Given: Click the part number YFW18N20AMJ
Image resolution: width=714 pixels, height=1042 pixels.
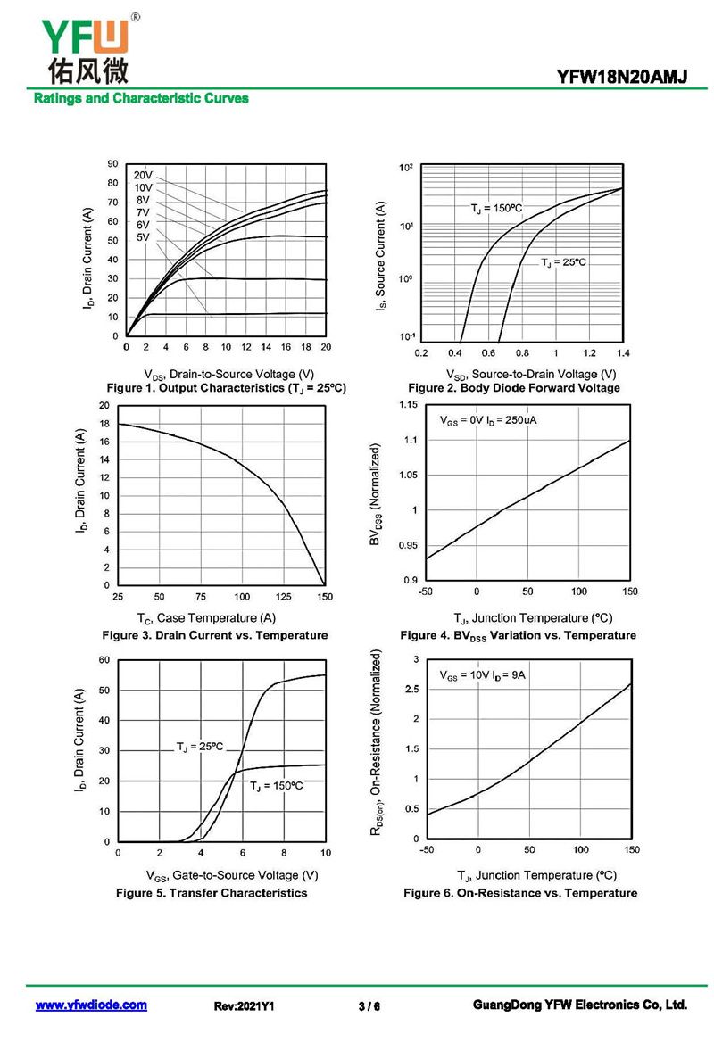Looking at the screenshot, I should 622,78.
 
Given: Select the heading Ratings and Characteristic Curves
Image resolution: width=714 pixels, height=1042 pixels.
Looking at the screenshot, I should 141,98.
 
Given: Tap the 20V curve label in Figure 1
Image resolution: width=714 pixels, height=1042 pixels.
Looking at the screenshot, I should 143,175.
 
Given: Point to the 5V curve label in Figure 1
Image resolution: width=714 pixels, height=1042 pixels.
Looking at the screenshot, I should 143,237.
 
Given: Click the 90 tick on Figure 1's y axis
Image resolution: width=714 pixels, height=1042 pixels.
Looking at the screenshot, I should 112,164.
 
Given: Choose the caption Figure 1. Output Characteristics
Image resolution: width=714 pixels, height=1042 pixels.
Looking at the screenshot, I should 226,388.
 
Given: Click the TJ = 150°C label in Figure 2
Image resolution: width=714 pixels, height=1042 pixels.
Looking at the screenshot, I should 496,208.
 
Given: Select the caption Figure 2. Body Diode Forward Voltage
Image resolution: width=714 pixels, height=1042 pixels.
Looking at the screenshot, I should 513,388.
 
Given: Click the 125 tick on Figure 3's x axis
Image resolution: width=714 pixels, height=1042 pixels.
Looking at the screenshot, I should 284,596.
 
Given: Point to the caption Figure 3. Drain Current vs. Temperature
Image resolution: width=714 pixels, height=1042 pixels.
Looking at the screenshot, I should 214,635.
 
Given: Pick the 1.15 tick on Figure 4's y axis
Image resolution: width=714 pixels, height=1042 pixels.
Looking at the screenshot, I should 407,406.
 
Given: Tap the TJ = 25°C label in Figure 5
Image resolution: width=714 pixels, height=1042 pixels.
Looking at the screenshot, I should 199,746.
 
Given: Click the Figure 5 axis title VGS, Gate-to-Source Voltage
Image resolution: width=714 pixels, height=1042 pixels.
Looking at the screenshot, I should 231,875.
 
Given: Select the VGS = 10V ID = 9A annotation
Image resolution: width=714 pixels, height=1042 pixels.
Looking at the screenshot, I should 483,675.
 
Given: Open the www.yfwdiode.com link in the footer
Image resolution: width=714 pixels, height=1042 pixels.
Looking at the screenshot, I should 91,1005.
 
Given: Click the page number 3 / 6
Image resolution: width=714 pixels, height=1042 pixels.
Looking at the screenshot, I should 369,1006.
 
